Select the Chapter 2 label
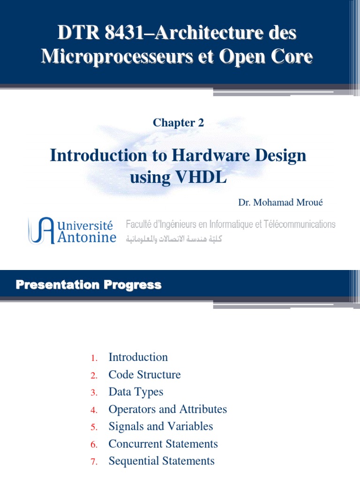tap(178, 123)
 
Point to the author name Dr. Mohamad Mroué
tap(281, 203)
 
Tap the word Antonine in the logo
tap(87, 238)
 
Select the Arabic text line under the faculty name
tap(173, 239)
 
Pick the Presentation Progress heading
tap(89, 285)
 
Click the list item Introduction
tap(138, 357)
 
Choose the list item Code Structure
tap(144, 375)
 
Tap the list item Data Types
tap(135, 392)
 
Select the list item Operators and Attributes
tap(167, 409)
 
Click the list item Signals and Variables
tap(160, 427)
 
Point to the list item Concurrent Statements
tap(163, 444)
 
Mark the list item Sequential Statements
tap(161, 461)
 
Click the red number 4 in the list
tap(94, 410)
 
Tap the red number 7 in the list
tap(94, 462)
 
